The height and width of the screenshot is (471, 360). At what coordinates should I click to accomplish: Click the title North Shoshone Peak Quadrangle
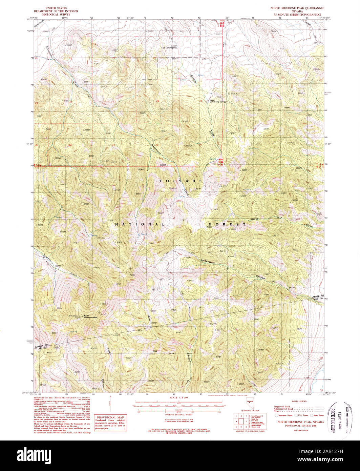point(297,7)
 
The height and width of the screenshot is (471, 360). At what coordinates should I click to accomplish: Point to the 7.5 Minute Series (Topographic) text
point(297,15)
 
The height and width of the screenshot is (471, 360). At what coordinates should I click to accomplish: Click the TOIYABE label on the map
point(181,181)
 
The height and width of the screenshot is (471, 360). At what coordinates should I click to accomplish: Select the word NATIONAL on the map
point(139,224)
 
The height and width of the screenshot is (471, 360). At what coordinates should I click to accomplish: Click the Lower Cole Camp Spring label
point(169,46)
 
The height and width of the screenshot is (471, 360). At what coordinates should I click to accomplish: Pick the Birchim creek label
point(193,79)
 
